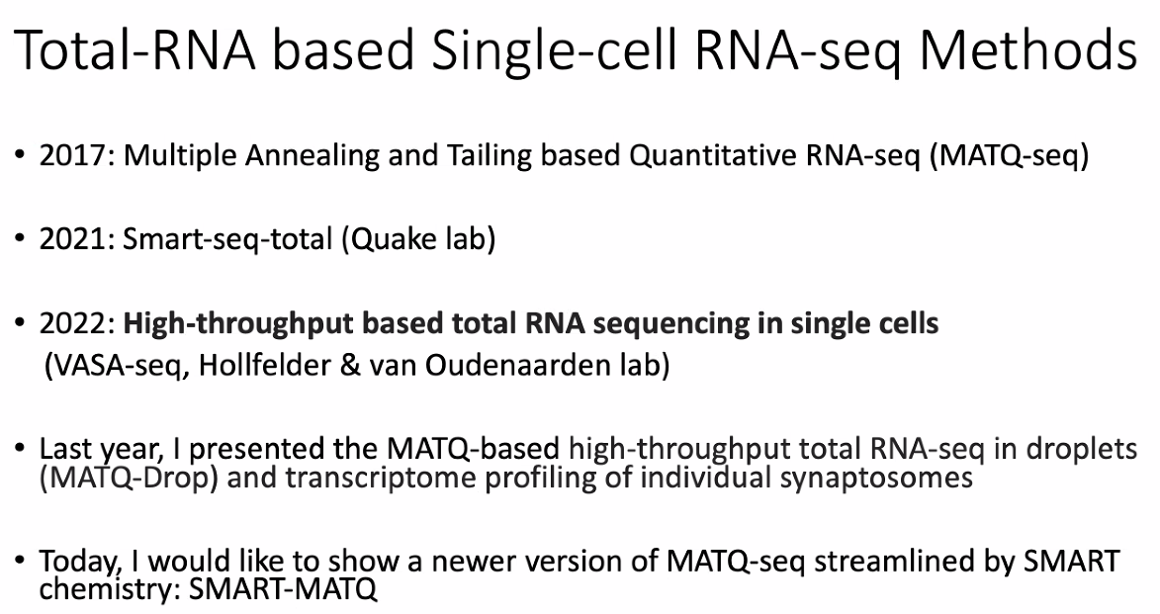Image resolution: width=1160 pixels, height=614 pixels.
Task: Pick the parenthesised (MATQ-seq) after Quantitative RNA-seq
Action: point(1009,157)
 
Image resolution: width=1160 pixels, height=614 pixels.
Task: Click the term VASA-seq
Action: point(117,366)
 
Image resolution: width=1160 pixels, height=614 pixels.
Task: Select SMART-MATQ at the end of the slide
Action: point(284,589)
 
